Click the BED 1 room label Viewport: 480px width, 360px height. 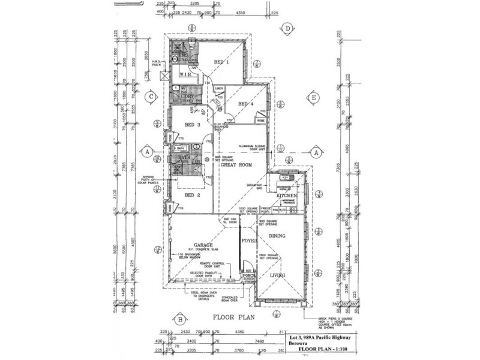point(223,62)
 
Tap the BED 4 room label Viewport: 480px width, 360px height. point(246,104)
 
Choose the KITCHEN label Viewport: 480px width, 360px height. point(287,196)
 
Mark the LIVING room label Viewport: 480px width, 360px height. point(277,275)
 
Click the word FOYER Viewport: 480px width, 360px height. point(248,241)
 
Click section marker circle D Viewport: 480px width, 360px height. point(288,28)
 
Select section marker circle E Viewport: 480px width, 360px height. point(313,97)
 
